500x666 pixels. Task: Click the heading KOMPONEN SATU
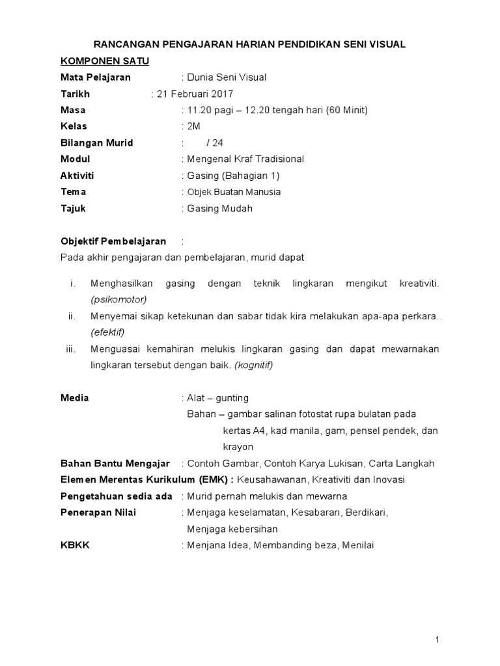(105, 61)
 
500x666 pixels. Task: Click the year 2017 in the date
(221, 94)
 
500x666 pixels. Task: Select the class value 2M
(194, 126)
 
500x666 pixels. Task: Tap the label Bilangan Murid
(96, 142)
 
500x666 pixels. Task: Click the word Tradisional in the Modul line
(274, 159)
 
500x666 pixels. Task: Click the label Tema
(73, 192)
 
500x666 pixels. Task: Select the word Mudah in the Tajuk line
(238, 209)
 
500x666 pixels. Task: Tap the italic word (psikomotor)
(118, 299)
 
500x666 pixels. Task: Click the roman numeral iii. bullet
(71, 349)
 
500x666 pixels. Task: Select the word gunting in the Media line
(232, 397)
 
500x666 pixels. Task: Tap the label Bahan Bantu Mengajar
(115, 464)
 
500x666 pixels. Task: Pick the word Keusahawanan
(270, 480)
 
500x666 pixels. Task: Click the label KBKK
(75, 545)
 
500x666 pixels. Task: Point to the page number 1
(438, 640)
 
